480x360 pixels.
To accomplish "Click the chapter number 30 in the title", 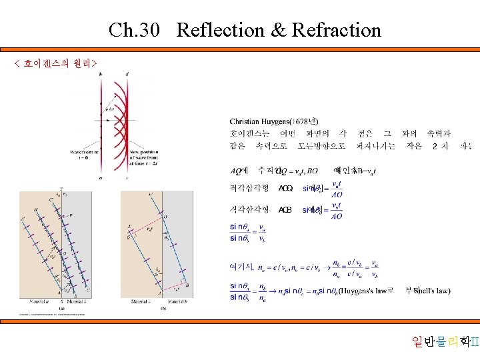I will pyautogui.click(x=151, y=30).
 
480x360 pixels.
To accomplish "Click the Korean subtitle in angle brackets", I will pyautogui.click(x=56, y=63).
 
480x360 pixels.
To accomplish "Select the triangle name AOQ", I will pyautogui.click(x=285, y=189).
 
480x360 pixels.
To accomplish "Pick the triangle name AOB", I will pyautogui.click(x=285, y=210).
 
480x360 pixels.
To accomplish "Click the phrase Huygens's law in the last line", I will pyautogui.click(x=363, y=291).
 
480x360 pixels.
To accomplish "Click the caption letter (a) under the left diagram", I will pyautogui.click(x=62, y=308).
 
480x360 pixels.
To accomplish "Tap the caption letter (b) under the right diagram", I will pyautogui.click(x=163, y=308).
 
